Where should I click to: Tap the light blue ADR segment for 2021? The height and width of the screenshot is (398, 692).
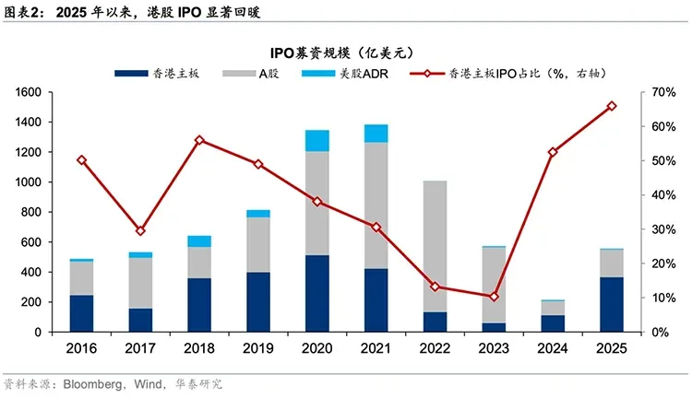click(376, 134)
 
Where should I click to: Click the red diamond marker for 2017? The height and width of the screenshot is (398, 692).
click(140, 230)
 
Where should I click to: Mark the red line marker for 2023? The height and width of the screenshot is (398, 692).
click(494, 297)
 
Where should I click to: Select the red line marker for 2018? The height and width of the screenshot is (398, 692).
click(199, 140)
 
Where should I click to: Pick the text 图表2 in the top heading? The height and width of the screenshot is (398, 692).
click(22, 12)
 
